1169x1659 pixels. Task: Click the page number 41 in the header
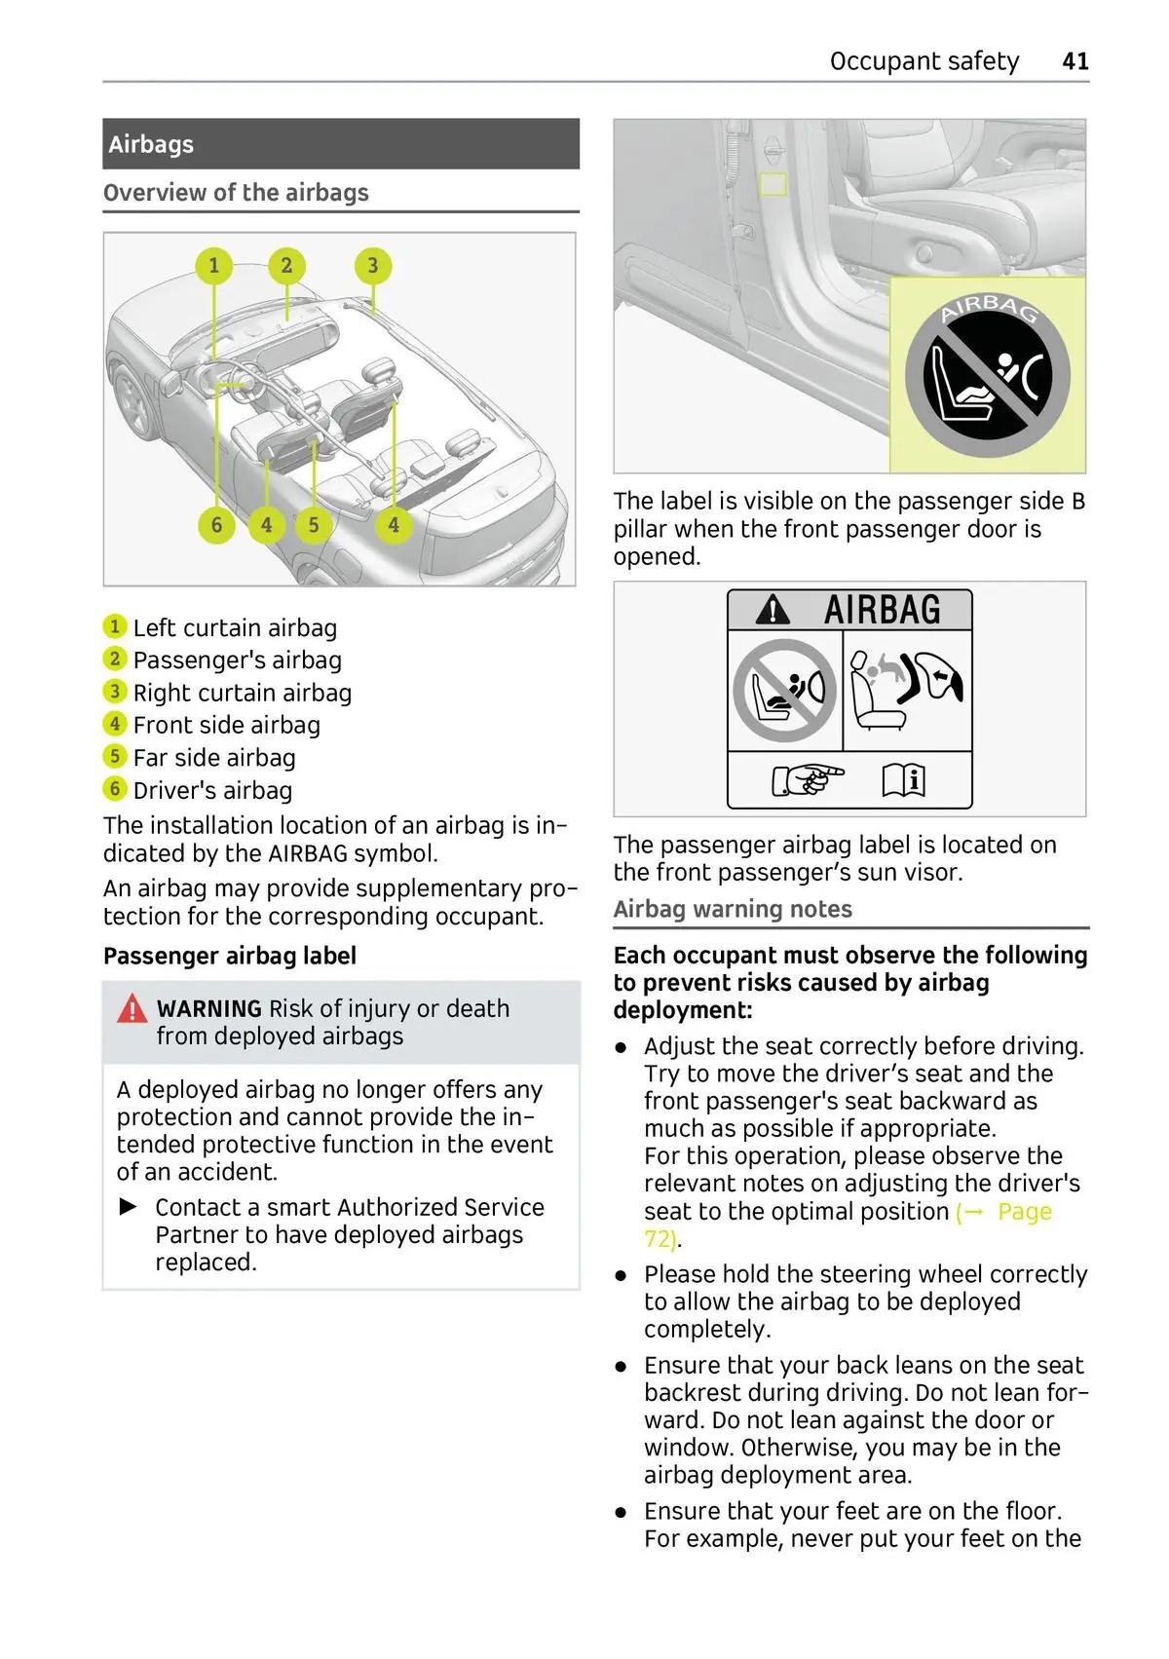click(1075, 61)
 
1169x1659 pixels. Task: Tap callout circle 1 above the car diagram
click(214, 265)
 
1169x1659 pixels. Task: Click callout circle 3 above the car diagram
click(372, 265)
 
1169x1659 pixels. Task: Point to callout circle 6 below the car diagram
click(216, 525)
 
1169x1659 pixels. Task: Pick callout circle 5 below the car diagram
click(314, 525)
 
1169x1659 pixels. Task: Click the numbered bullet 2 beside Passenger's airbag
click(115, 660)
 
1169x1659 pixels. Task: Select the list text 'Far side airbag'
click(214, 758)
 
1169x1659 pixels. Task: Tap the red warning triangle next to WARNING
click(132, 1009)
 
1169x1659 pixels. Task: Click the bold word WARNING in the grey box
click(209, 1008)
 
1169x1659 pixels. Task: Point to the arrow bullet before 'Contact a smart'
click(128, 1207)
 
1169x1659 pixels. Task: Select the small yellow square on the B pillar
click(773, 183)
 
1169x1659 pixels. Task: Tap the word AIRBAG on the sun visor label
click(883, 610)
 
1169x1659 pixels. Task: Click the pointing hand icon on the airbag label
click(807, 779)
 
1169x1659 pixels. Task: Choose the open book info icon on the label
click(903, 779)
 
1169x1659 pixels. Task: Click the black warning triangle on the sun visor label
click(773, 611)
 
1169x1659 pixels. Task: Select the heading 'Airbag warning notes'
click(733, 909)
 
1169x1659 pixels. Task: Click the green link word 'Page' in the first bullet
click(1025, 1212)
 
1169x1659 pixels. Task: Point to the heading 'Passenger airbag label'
click(230, 956)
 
